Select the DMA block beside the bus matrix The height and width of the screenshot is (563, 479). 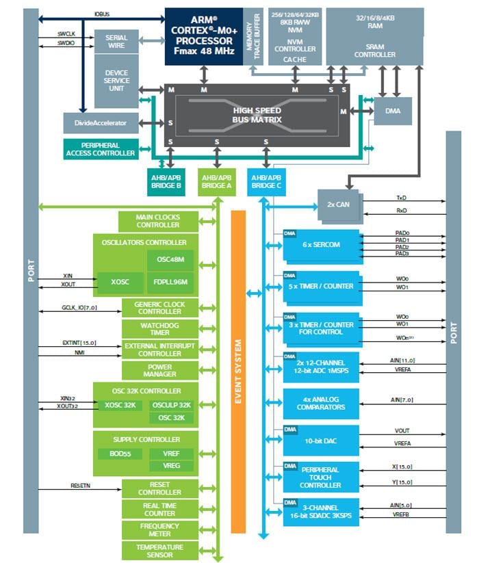pyautogui.click(x=393, y=111)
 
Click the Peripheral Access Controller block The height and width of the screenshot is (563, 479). pyautogui.click(x=100, y=149)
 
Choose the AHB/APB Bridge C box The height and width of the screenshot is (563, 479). pyautogui.click(x=266, y=181)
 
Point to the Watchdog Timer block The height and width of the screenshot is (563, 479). pyautogui.click(x=159, y=329)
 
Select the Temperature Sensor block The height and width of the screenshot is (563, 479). pyautogui.click(x=159, y=551)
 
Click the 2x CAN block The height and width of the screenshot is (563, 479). pyautogui.click(x=338, y=203)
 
